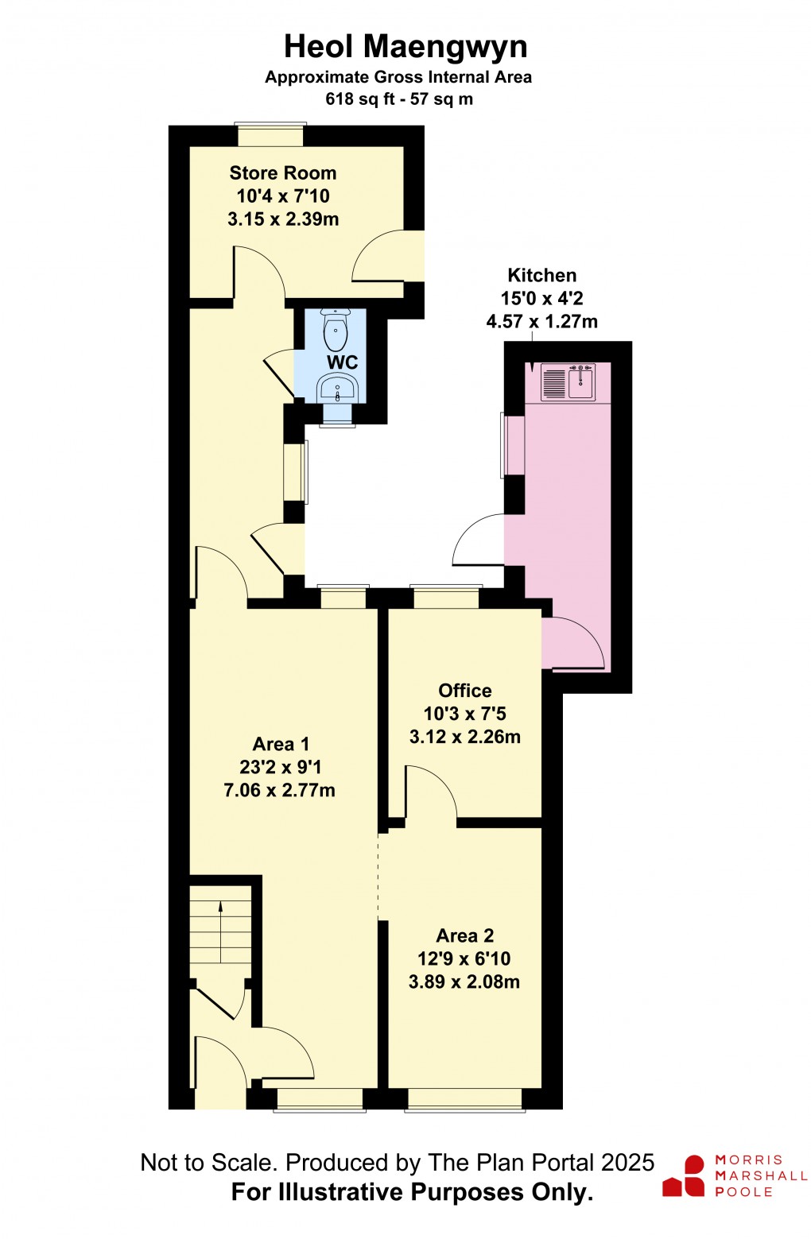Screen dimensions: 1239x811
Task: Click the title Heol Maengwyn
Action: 405,47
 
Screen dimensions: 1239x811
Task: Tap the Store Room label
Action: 283,173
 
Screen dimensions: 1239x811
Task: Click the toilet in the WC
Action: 336,331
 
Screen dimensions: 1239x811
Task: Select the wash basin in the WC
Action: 338,389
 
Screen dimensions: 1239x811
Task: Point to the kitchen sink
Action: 580,382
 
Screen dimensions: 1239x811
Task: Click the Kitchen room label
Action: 542,276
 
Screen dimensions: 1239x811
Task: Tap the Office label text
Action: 465,691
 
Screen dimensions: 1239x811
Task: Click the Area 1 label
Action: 281,745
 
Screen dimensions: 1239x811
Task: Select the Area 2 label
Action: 465,936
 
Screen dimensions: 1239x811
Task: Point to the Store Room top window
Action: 270,136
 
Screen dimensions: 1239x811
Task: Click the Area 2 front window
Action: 465,1099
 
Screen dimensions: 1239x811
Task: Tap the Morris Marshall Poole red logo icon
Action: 685,1177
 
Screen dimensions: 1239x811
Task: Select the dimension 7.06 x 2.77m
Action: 280,791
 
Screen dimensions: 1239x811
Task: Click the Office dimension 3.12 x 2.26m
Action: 465,737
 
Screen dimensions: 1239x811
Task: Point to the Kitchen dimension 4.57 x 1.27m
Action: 542,322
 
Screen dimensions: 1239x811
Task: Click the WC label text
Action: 343,362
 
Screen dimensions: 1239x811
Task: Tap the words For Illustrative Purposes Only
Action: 412,1192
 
